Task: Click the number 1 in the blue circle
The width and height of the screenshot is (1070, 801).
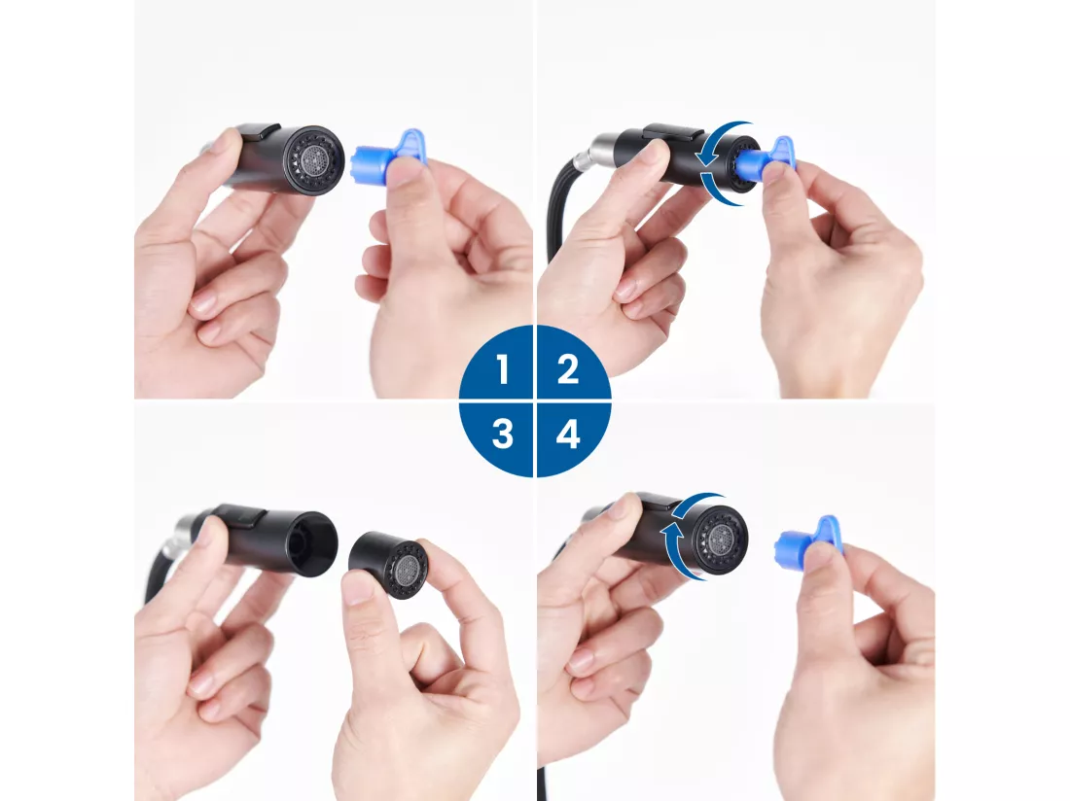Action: (503, 368)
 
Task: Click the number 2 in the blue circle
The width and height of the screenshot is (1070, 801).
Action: (568, 368)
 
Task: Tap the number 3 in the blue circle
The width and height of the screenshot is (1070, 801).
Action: (502, 434)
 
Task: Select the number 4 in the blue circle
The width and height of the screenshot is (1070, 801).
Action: (568, 434)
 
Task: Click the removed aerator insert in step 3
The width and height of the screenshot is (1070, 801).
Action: (389, 565)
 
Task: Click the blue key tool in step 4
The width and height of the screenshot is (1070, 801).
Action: (809, 539)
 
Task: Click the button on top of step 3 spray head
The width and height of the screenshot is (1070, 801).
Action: (241, 512)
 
